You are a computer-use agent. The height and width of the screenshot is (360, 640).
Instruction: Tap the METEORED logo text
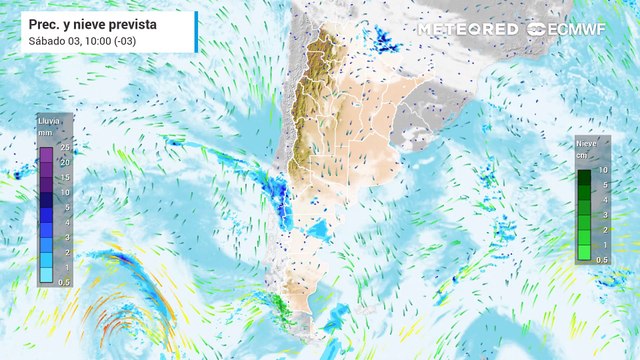(467, 29)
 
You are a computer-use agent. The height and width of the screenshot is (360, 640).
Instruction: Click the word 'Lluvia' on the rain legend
(50, 121)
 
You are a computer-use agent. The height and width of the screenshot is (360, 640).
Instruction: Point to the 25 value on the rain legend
(63, 148)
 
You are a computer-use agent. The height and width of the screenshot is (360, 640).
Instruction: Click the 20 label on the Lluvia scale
(63, 162)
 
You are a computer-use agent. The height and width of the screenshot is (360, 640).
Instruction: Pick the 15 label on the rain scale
(63, 177)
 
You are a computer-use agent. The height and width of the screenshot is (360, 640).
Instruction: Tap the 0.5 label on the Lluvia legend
(63, 283)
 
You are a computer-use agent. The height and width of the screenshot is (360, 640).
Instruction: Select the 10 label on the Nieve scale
(603, 170)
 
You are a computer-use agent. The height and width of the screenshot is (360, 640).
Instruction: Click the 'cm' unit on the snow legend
(581, 156)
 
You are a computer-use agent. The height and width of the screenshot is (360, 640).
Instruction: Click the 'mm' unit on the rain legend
(45, 132)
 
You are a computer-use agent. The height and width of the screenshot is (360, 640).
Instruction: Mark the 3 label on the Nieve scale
(603, 215)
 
